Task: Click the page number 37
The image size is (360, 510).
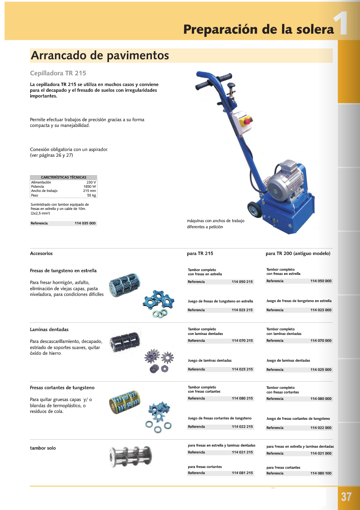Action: (346, 497)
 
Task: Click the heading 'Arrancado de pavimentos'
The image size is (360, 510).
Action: (100, 56)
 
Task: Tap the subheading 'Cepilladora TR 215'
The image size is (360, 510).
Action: (58, 73)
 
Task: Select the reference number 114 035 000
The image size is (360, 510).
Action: (85, 223)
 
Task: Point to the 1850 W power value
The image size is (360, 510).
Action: (90, 187)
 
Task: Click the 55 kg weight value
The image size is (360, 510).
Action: (91, 195)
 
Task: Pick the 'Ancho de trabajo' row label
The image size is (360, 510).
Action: (44, 191)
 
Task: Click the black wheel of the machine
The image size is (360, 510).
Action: (253, 210)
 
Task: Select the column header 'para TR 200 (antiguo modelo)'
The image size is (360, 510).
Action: (298, 253)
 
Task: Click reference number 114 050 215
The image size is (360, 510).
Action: (242, 282)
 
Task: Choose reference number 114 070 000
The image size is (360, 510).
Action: (321, 341)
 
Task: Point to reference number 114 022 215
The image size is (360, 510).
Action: (242, 427)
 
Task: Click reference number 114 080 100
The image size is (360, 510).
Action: (321, 473)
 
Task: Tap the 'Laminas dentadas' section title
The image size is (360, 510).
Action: (49, 330)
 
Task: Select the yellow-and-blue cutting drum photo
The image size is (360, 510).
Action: (125, 403)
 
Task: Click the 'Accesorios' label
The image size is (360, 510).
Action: (41, 253)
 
